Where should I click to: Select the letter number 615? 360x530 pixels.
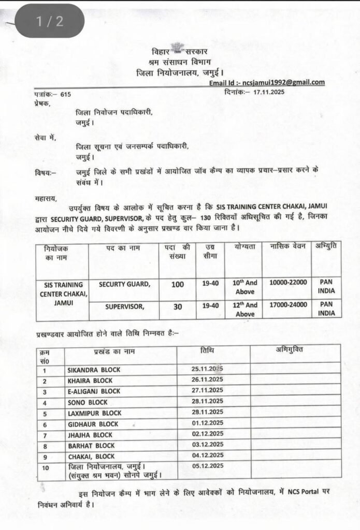66,94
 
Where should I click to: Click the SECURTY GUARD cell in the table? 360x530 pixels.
124,284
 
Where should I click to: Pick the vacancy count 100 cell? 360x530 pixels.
178,284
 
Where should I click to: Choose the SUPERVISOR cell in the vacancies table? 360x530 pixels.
124,307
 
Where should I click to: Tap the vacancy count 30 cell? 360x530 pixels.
178,307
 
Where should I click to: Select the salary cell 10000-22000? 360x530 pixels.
288,282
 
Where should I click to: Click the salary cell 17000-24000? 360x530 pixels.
288,305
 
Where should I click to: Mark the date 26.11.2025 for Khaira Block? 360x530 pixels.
207,380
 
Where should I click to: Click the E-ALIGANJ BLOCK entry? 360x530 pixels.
94,391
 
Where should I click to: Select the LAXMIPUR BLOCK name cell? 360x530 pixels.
94,413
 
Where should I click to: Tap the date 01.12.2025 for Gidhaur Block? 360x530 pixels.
207,423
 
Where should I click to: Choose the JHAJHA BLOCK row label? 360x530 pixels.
90,435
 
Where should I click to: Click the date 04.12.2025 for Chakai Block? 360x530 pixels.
207,455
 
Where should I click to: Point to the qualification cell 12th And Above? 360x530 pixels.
244,309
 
